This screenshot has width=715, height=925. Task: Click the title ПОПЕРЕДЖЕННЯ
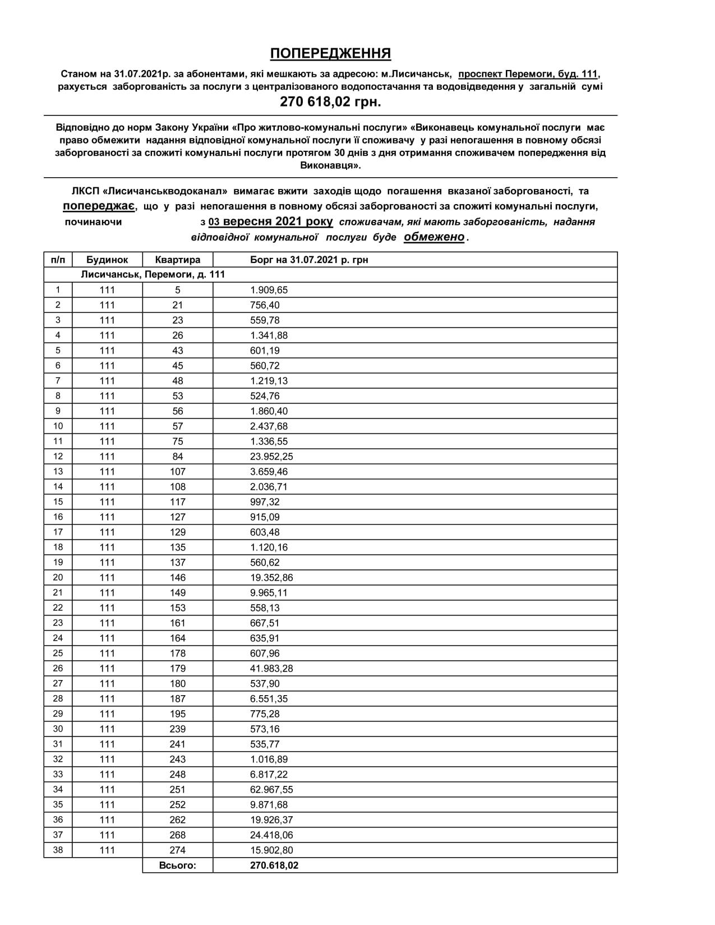[330, 53]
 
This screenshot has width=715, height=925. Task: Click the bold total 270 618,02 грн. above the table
[330, 102]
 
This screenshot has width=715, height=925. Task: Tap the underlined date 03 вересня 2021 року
[270, 221]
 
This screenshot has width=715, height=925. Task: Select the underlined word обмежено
[434, 237]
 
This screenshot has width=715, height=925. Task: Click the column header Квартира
[177, 260]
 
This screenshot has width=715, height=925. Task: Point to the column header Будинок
[107, 260]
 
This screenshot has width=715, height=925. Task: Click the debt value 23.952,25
[271, 456]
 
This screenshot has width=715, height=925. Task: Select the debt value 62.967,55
[271, 789]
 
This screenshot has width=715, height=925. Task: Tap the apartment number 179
[177, 668]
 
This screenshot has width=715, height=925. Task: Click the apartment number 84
[177, 456]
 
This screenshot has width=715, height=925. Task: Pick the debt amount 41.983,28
[271, 668]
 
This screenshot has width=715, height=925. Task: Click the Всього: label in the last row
[177, 865]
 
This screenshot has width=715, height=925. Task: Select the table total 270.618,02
[274, 865]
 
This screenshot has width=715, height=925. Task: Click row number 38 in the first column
[58, 850]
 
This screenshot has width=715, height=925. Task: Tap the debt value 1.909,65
[269, 290]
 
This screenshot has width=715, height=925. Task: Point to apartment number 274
[177, 850]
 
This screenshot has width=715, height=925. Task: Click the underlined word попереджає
[99, 206]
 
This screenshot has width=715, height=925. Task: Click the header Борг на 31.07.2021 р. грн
[309, 260]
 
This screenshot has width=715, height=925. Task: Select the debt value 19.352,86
[271, 577]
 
